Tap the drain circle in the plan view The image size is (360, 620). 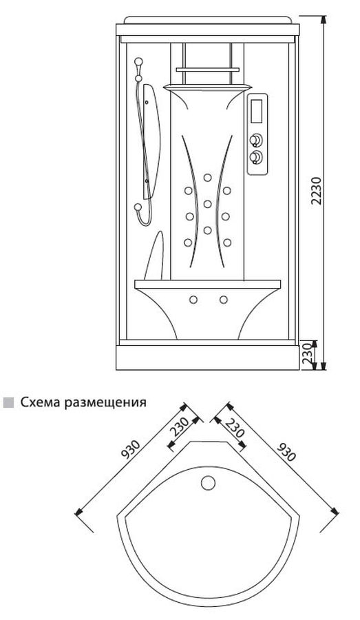(x=208, y=483)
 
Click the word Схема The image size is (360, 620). (x=41, y=402)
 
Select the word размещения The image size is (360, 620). (x=105, y=403)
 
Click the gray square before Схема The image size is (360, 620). (x=8, y=403)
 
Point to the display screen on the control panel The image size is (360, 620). (x=257, y=110)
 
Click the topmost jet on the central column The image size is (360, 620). (x=207, y=178)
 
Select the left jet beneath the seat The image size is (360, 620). (x=193, y=300)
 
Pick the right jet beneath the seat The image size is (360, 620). (x=224, y=300)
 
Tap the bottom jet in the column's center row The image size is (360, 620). (x=207, y=229)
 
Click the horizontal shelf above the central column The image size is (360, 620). (x=207, y=70)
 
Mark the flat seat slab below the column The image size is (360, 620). (x=207, y=285)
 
